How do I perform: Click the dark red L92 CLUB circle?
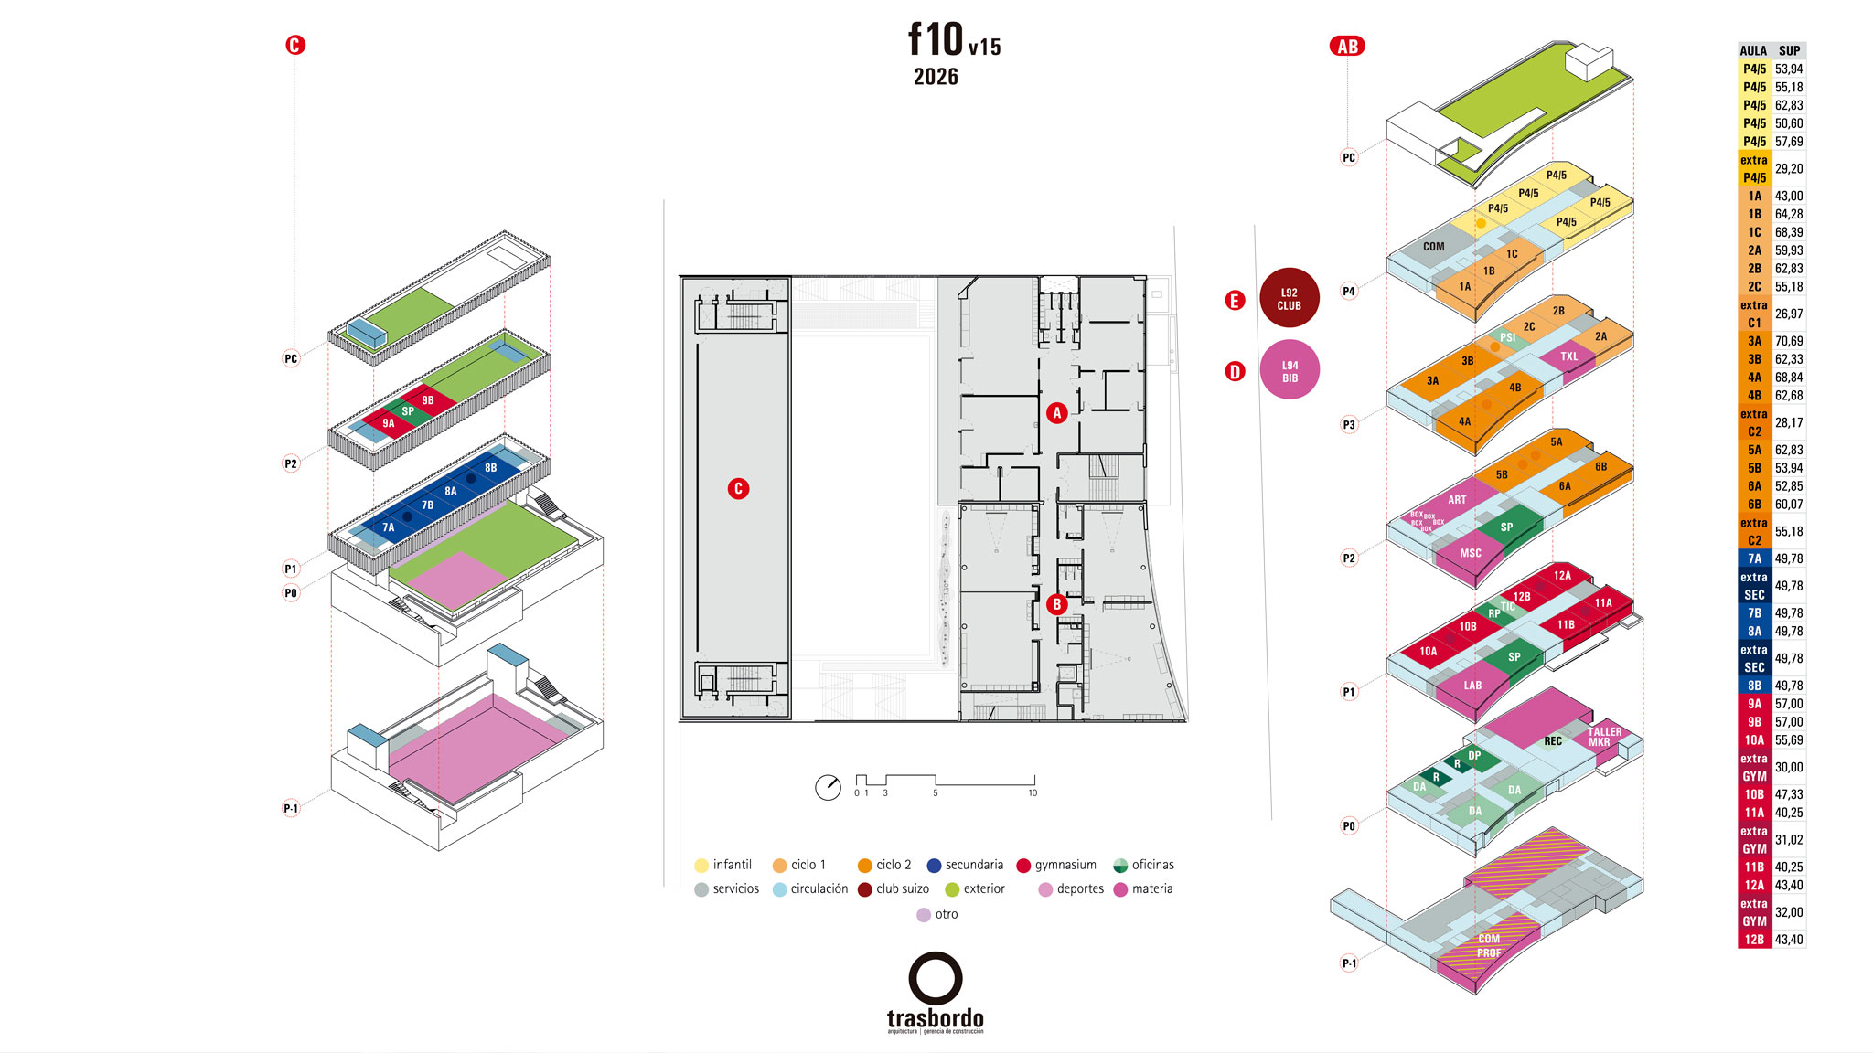[x=1289, y=298]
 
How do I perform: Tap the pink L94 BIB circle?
[x=1290, y=370]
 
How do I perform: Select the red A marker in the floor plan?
[x=1056, y=413]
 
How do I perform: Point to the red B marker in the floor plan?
[x=1056, y=604]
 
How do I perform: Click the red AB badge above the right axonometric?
[x=1347, y=47]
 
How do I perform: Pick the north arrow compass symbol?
[x=828, y=787]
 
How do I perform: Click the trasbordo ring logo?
[x=935, y=978]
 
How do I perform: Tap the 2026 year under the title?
[x=936, y=77]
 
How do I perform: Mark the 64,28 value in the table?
[x=1789, y=214]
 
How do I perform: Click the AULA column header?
[x=1753, y=51]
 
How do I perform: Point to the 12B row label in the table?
[x=1754, y=940]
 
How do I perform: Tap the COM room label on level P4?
[x=1433, y=247]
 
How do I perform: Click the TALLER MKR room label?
[x=1604, y=737]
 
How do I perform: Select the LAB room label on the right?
[x=1472, y=686]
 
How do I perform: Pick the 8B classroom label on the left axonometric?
[x=491, y=468]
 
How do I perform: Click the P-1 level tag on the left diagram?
[x=291, y=808]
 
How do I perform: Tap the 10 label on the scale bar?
[x=1033, y=793]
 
